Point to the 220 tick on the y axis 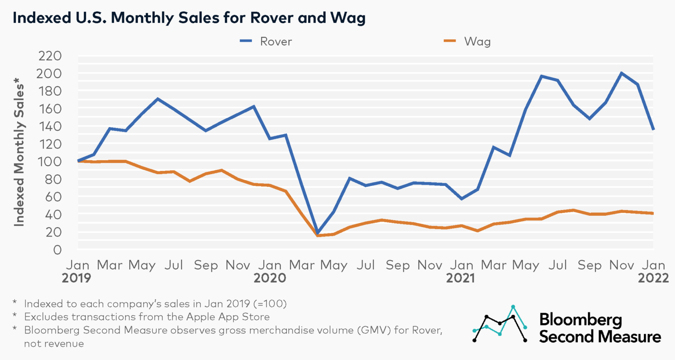[50, 56]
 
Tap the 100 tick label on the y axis [50, 162]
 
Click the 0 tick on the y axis [57, 250]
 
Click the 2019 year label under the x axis [76, 278]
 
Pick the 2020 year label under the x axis [270, 278]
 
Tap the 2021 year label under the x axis [461, 278]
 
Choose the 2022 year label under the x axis [653, 278]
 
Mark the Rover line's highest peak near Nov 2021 [621, 73]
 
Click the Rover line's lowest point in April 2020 [317, 233]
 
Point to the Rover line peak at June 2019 [158, 98]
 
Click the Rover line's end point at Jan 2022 [653, 129]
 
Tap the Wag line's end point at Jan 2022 [653, 213]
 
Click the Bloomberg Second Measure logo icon [500, 324]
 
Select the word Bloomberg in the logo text [580, 320]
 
